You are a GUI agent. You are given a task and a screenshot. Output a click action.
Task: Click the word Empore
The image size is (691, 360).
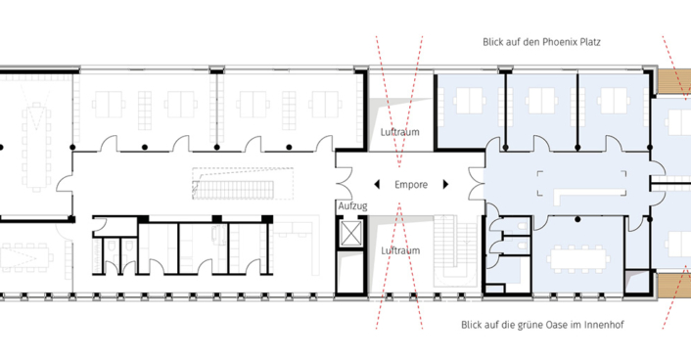(411, 185)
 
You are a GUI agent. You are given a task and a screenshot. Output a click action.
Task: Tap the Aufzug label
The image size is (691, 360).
(352, 205)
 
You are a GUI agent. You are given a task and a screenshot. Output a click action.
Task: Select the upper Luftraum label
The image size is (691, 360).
(399, 132)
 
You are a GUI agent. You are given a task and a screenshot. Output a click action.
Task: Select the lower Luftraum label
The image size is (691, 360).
(400, 250)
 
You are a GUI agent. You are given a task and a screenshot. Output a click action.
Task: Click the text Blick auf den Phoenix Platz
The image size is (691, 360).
(541, 42)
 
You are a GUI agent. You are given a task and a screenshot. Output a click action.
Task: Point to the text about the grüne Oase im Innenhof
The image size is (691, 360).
(542, 325)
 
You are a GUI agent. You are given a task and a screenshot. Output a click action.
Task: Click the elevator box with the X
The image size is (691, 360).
(351, 233)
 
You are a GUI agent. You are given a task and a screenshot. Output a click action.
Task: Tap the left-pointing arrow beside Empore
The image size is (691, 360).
(377, 184)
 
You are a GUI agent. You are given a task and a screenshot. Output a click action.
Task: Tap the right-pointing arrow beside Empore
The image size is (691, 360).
(445, 184)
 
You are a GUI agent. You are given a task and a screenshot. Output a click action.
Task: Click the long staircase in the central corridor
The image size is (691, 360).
(243, 184)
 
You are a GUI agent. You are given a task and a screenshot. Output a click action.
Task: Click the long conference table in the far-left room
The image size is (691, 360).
(36, 147)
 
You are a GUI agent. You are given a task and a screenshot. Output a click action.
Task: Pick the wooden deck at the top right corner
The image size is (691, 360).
(672, 81)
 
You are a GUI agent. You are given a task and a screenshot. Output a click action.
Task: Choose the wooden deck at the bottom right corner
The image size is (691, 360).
(673, 285)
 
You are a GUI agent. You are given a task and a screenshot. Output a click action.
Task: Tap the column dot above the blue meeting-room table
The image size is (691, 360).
(577, 219)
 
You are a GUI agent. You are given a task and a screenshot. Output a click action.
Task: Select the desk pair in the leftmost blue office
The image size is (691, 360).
(470, 101)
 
